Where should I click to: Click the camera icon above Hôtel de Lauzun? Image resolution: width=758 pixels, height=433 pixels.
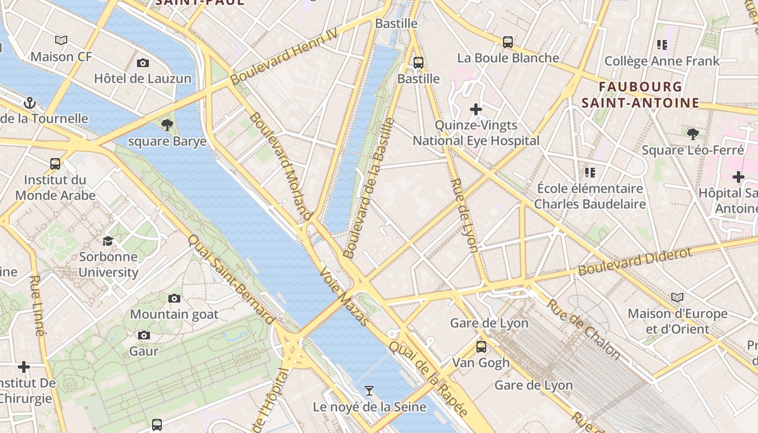coord(143,63)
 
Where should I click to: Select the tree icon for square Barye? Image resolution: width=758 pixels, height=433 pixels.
coord(167,126)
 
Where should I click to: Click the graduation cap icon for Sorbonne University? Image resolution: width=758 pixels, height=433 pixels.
coord(108,241)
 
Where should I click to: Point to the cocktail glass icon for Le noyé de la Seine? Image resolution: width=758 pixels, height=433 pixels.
coord(369,390)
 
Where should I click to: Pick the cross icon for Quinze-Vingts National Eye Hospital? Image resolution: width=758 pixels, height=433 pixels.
coord(476,110)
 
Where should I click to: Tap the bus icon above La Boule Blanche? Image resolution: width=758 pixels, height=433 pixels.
coord(508,42)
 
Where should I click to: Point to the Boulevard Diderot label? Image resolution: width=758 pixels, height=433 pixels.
coord(635,261)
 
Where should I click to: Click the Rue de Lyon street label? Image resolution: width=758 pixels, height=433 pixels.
coord(464,215)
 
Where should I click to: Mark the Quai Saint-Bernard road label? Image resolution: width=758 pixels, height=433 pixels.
coord(231,279)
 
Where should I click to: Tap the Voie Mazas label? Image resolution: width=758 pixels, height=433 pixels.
coord(344,296)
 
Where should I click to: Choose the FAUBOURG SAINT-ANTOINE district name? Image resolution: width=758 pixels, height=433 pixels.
coord(641,95)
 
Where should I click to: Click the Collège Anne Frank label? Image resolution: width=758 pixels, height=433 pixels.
coord(662,61)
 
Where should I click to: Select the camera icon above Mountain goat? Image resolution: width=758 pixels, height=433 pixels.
coord(174,298)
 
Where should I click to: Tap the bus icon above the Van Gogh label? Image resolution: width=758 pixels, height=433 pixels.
coord(481,347)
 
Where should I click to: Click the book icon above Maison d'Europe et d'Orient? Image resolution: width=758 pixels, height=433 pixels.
coord(677,297)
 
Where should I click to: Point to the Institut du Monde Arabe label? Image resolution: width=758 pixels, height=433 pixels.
coord(55,187)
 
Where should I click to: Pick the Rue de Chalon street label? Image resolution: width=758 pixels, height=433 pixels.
coord(584,329)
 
